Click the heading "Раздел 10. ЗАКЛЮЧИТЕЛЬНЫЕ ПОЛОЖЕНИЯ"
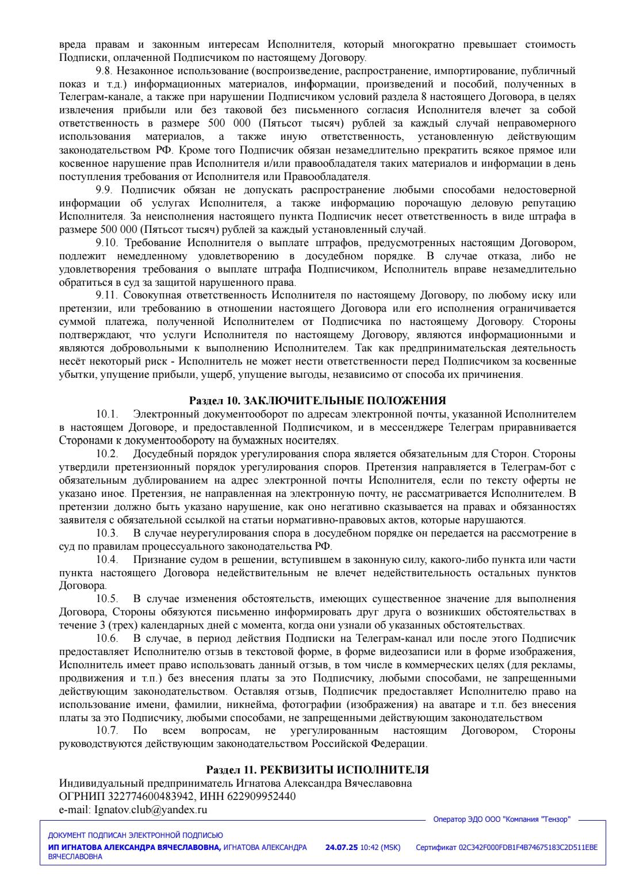click(x=317, y=401)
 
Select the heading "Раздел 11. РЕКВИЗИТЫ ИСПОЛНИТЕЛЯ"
click(x=317, y=770)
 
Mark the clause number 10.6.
click(x=107, y=638)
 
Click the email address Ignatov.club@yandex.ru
click(x=150, y=810)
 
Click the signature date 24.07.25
click(x=342, y=848)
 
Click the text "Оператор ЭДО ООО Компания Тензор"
click(x=501, y=819)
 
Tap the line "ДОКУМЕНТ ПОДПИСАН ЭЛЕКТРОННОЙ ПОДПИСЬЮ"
click(x=135, y=836)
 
